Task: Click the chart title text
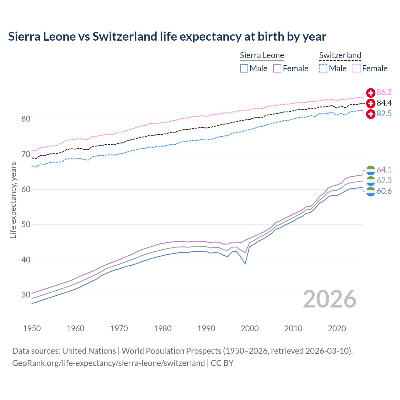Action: (x=167, y=37)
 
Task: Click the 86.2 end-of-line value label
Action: (x=384, y=92)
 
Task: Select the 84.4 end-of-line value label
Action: (x=384, y=103)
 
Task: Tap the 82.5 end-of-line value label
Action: (x=384, y=113)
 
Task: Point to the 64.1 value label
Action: (x=384, y=170)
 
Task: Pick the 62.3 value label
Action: (x=384, y=180)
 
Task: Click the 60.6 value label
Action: (x=384, y=191)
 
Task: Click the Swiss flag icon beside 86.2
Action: (x=371, y=93)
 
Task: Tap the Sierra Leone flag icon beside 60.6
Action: (x=371, y=191)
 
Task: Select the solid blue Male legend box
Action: (x=244, y=68)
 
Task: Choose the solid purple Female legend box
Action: (x=277, y=68)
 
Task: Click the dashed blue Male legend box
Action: (x=323, y=68)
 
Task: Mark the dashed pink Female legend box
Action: (x=357, y=68)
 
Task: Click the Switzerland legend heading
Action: (x=340, y=55)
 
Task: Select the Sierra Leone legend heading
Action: (x=262, y=55)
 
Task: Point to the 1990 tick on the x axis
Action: (x=206, y=328)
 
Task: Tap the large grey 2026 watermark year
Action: (x=330, y=299)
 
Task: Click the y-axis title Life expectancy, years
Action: (x=13, y=200)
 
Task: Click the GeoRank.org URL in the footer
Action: (x=108, y=363)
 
